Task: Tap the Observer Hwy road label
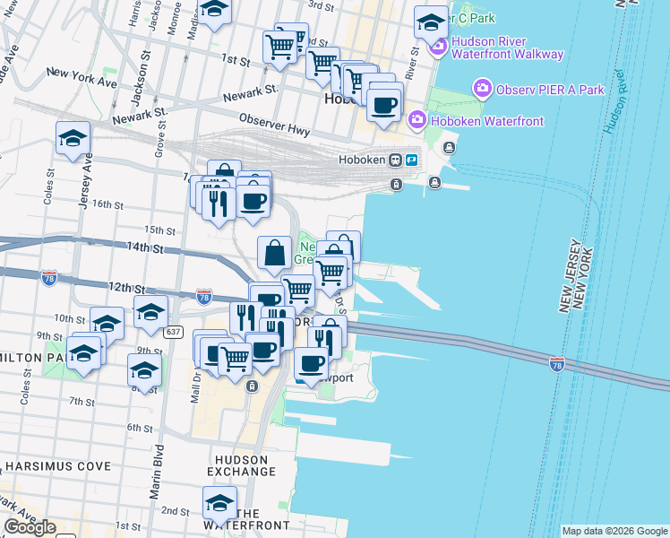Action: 274,125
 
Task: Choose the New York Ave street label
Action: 82,77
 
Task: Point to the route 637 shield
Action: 174,332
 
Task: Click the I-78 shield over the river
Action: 557,364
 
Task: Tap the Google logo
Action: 30,526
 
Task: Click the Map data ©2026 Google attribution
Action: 614,531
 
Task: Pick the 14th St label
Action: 146,247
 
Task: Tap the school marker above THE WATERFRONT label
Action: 219,502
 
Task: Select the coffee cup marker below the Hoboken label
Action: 384,106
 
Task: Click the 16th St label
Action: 107,204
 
